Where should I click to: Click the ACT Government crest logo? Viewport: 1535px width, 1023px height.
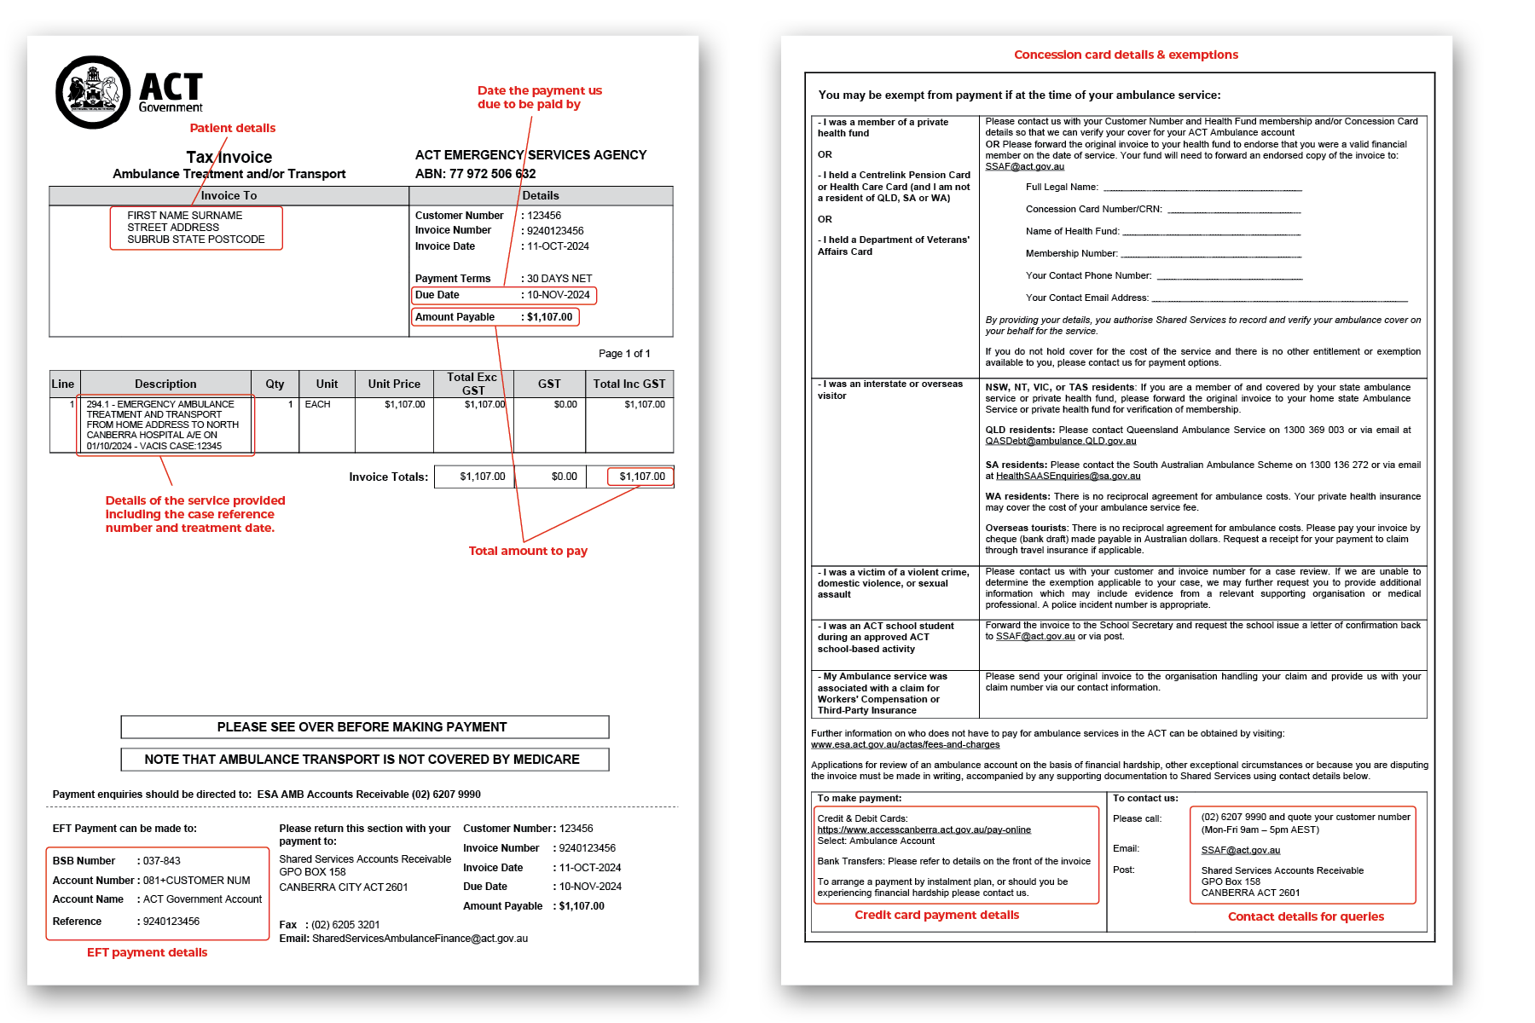[93, 92]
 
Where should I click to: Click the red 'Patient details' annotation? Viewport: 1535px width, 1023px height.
[232, 128]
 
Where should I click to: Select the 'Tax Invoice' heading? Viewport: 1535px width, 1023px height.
[229, 157]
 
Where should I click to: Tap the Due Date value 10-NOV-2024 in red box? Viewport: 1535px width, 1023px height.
[558, 295]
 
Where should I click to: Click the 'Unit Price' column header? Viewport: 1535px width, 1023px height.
[394, 384]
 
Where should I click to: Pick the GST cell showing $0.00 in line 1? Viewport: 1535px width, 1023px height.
[565, 404]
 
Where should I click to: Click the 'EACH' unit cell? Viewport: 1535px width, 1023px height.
[317, 404]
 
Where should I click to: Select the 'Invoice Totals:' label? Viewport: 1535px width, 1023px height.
[388, 477]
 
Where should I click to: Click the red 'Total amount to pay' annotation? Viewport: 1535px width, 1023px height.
[528, 551]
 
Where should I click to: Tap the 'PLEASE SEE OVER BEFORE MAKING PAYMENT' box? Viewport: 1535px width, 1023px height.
[364, 727]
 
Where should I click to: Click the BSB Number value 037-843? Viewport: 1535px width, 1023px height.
[161, 861]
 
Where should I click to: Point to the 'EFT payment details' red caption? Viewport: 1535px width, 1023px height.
[147, 952]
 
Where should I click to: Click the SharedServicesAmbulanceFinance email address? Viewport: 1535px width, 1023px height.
[420, 939]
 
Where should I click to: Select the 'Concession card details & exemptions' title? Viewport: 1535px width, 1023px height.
[1126, 55]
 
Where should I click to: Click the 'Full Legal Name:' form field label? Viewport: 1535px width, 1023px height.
[1062, 187]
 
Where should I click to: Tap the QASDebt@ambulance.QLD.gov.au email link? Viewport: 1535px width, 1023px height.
[1060, 441]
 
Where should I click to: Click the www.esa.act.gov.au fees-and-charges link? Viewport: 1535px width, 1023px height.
[905, 744]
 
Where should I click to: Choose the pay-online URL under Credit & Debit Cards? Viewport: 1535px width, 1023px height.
[924, 829]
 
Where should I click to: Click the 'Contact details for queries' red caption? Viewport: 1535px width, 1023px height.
[1306, 916]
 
